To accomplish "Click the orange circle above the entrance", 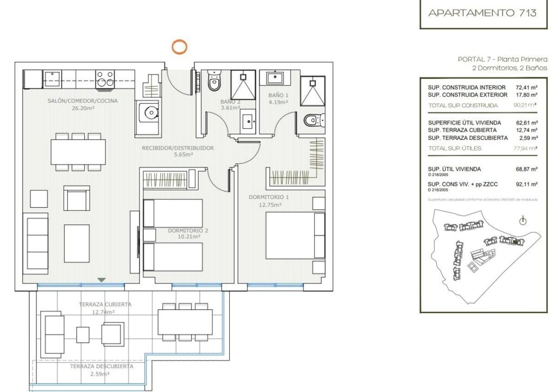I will pos(179,47).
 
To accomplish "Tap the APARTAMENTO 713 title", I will pos(482,13).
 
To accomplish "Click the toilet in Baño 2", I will pos(214,82).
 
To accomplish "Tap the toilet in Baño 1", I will pos(314,120).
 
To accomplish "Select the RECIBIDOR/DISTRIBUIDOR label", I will pos(178,148).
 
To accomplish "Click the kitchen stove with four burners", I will pos(105,79).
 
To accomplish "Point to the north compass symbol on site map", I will pos(522,221).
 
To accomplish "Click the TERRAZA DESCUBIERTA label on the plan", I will pos(101,366).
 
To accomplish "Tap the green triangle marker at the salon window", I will pos(102,279).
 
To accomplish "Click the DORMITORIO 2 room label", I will pos(188,231).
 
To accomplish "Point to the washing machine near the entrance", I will pos(148,112).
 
